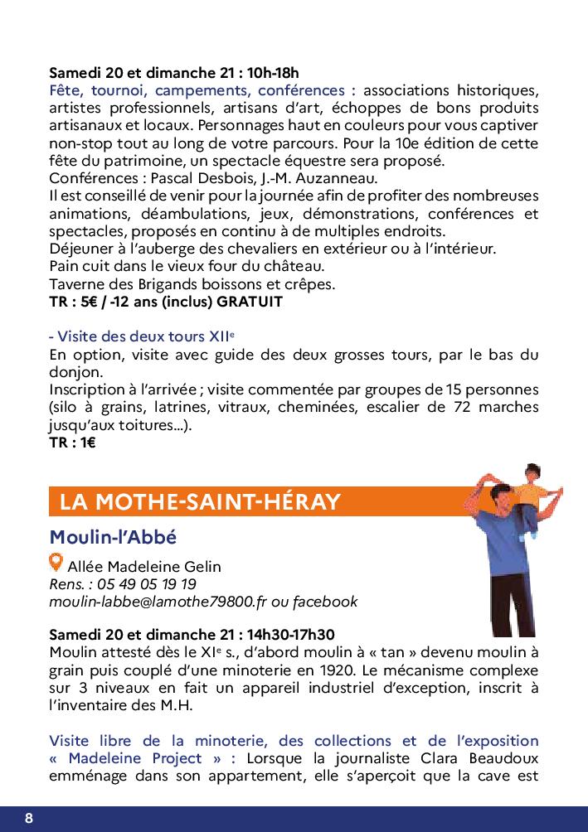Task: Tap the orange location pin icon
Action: (56, 563)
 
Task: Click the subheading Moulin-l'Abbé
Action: (113, 536)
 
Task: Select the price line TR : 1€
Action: (72, 443)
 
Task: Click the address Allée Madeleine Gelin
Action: (144, 567)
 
